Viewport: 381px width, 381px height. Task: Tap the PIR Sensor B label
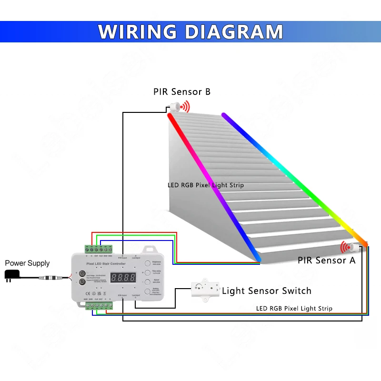pos(181,91)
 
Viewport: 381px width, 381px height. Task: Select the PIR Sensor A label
pos(326,260)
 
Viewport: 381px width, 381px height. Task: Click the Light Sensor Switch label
pos(266,291)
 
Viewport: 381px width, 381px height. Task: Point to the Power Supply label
pos(27,263)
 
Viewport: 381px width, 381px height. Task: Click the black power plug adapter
pos(11,275)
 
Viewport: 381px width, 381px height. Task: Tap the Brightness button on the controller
pos(147,263)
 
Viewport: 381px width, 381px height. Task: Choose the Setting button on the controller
pos(147,291)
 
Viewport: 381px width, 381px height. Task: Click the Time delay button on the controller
pos(147,272)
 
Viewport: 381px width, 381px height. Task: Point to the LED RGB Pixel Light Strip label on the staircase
pos(205,185)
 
